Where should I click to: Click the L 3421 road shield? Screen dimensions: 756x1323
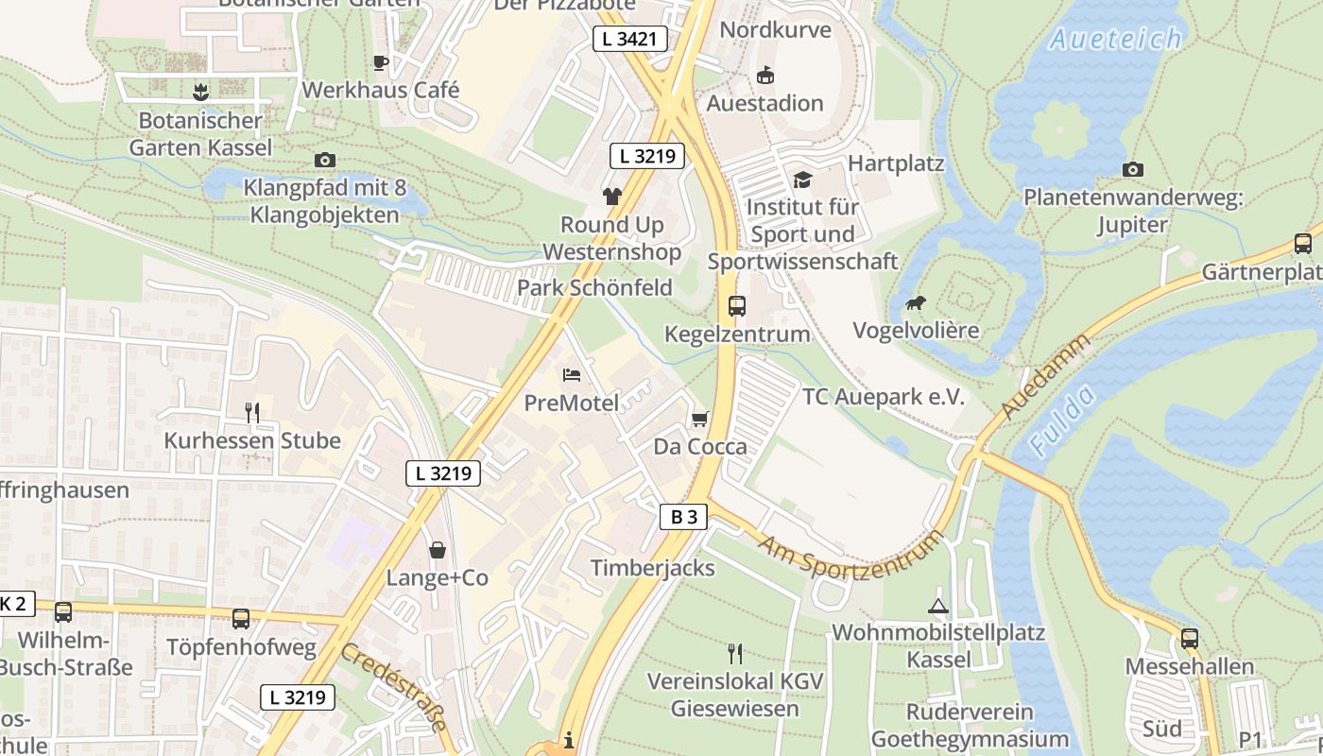(630, 39)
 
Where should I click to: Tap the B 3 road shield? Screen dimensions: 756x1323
(683, 517)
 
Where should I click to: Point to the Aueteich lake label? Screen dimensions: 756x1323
(1115, 39)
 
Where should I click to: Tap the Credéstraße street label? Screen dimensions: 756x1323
(393, 687)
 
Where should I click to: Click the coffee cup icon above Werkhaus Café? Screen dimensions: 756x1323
(380, 62)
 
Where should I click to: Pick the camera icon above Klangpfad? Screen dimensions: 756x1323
(325, 160)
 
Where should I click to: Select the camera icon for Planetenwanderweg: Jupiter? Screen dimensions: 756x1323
(1132, 169)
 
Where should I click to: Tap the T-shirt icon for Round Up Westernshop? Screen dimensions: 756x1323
(612, 196)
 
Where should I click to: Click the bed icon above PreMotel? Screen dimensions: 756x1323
(572, 375)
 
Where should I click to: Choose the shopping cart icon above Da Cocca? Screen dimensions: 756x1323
(699, 419)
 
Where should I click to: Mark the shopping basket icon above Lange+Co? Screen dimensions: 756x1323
(438, 549)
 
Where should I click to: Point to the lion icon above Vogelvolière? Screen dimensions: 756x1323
(915, 303)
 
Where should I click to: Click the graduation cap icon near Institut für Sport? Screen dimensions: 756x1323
(801, 179)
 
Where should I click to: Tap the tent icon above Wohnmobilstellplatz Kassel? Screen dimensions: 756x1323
(937, 605)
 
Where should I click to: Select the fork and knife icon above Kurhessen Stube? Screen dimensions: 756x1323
(252, 412)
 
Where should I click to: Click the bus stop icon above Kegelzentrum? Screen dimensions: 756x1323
(737, 305)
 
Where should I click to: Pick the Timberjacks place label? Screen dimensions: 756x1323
(653, 568)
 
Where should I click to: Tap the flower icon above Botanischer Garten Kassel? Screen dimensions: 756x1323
(200, 92)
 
